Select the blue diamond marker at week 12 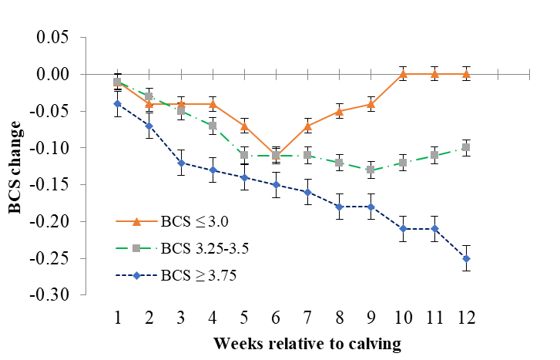(466, 258)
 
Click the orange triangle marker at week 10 (403, 74)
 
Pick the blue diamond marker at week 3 (181, 163)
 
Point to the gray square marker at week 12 (466, 147)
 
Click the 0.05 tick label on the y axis (53, 38)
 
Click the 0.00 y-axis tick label (53, 75)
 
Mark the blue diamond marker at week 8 (340, 207)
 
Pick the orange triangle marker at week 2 (149, 103)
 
